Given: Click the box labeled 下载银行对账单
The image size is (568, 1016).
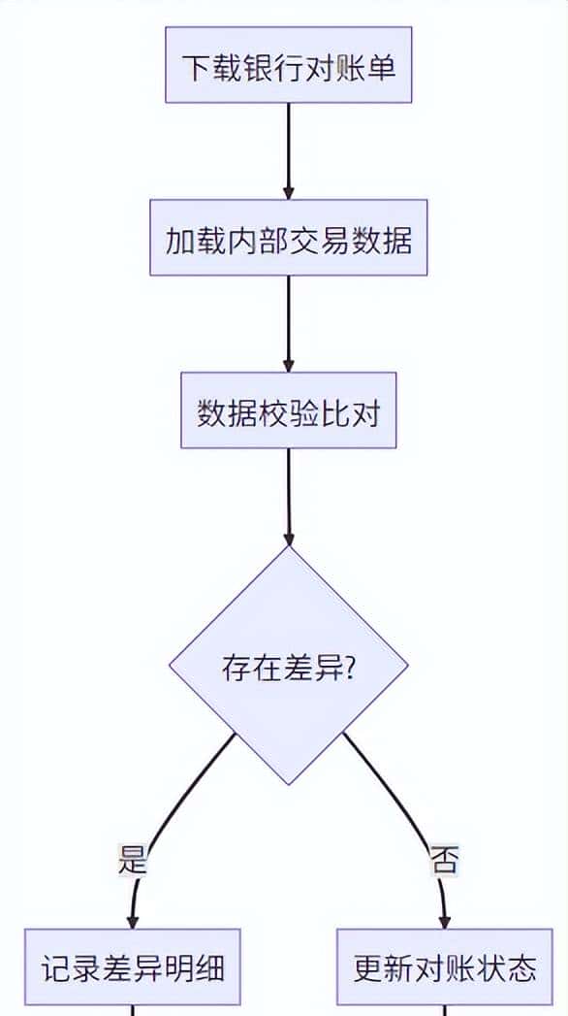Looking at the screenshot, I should [288, 65].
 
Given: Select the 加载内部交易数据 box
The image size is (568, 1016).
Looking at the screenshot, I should [288, 238].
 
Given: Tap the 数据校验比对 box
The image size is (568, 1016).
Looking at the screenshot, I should [288, 410].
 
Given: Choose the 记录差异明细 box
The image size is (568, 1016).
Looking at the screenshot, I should [132, 967].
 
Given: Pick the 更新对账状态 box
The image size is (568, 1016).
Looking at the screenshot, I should [444, 967].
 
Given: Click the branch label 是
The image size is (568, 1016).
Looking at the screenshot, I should [132, 860].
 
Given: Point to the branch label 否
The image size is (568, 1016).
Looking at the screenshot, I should [444, 860].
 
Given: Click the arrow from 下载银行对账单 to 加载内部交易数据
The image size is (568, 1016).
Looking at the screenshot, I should [288, 150].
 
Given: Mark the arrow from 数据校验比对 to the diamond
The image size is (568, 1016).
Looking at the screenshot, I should [288, 495].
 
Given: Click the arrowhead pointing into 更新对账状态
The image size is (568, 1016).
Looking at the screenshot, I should [444, 920].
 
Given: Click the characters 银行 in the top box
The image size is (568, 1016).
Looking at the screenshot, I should [257, 66].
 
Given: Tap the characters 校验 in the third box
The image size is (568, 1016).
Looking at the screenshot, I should [288, 411].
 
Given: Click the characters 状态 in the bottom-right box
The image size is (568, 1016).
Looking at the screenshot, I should [505, 967].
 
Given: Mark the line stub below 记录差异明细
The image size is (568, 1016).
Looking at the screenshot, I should [132, 1010].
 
